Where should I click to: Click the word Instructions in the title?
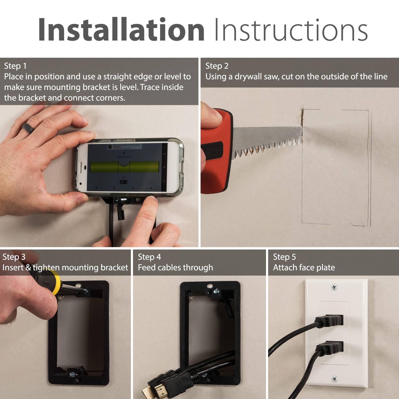coord(290,30)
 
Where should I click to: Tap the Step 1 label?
coord(15,66)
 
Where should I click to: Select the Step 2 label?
coord(217,66)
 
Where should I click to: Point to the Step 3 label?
coord(14,257)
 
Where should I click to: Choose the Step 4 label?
coord(149,257)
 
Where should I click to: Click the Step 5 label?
coord(284,257)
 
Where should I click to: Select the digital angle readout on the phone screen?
coord(123,182)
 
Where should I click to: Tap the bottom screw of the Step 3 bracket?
coord(72,374)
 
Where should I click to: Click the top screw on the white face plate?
coord(334,287)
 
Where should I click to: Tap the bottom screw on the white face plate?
coord(334,378)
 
